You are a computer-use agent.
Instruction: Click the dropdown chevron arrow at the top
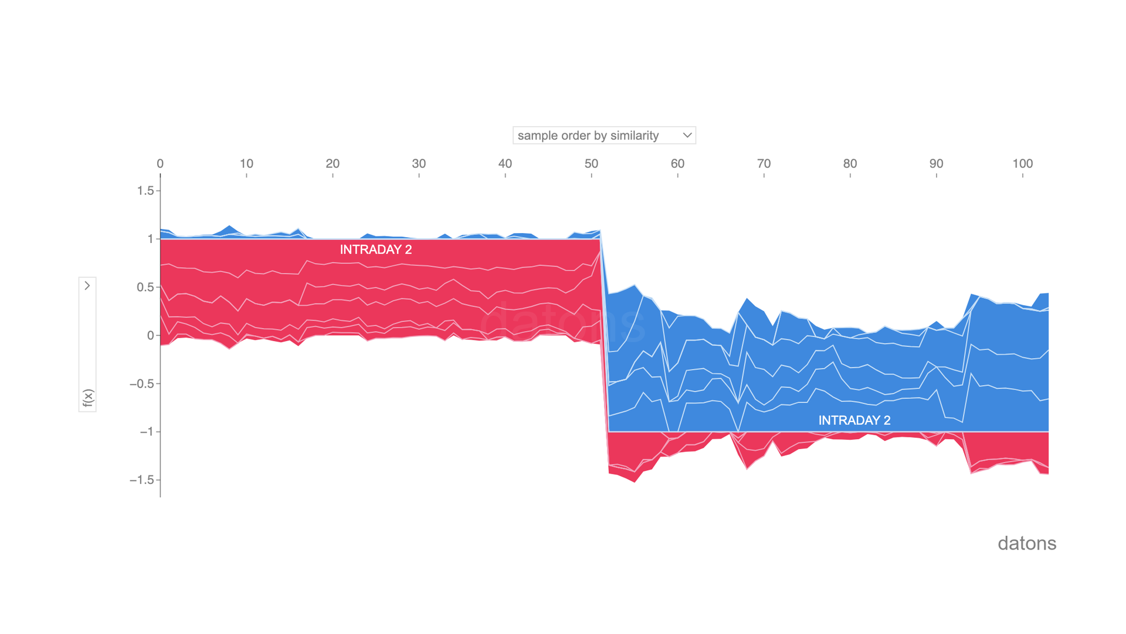coord(687,136)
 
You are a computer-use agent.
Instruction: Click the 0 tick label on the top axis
coord(160,164)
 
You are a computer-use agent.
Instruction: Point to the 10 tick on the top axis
coord(246,164)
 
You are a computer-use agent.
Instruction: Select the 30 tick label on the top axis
coord(419,164)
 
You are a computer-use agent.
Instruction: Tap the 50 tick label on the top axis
coord(591,164)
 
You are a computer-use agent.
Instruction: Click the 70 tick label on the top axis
coord(764,164)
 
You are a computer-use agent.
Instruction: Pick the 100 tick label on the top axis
coord(1022,164)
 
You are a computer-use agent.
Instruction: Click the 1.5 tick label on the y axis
coord(145,191)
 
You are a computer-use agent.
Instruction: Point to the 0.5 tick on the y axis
coord(145,287)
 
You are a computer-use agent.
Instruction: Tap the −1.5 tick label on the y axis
coord(141,480)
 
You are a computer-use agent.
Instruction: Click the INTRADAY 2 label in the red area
coord(376,249)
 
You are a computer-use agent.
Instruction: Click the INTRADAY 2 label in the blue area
coord(854,420)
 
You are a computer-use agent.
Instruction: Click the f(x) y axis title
coord(87,397)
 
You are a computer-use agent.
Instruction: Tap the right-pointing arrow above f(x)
coord(87,286)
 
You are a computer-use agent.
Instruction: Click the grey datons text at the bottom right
coord(1026,544)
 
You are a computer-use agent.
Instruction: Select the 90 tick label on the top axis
coord(936,164)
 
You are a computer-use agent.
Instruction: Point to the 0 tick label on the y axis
coord(150,336)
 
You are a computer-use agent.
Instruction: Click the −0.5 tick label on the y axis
coord(141,384)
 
